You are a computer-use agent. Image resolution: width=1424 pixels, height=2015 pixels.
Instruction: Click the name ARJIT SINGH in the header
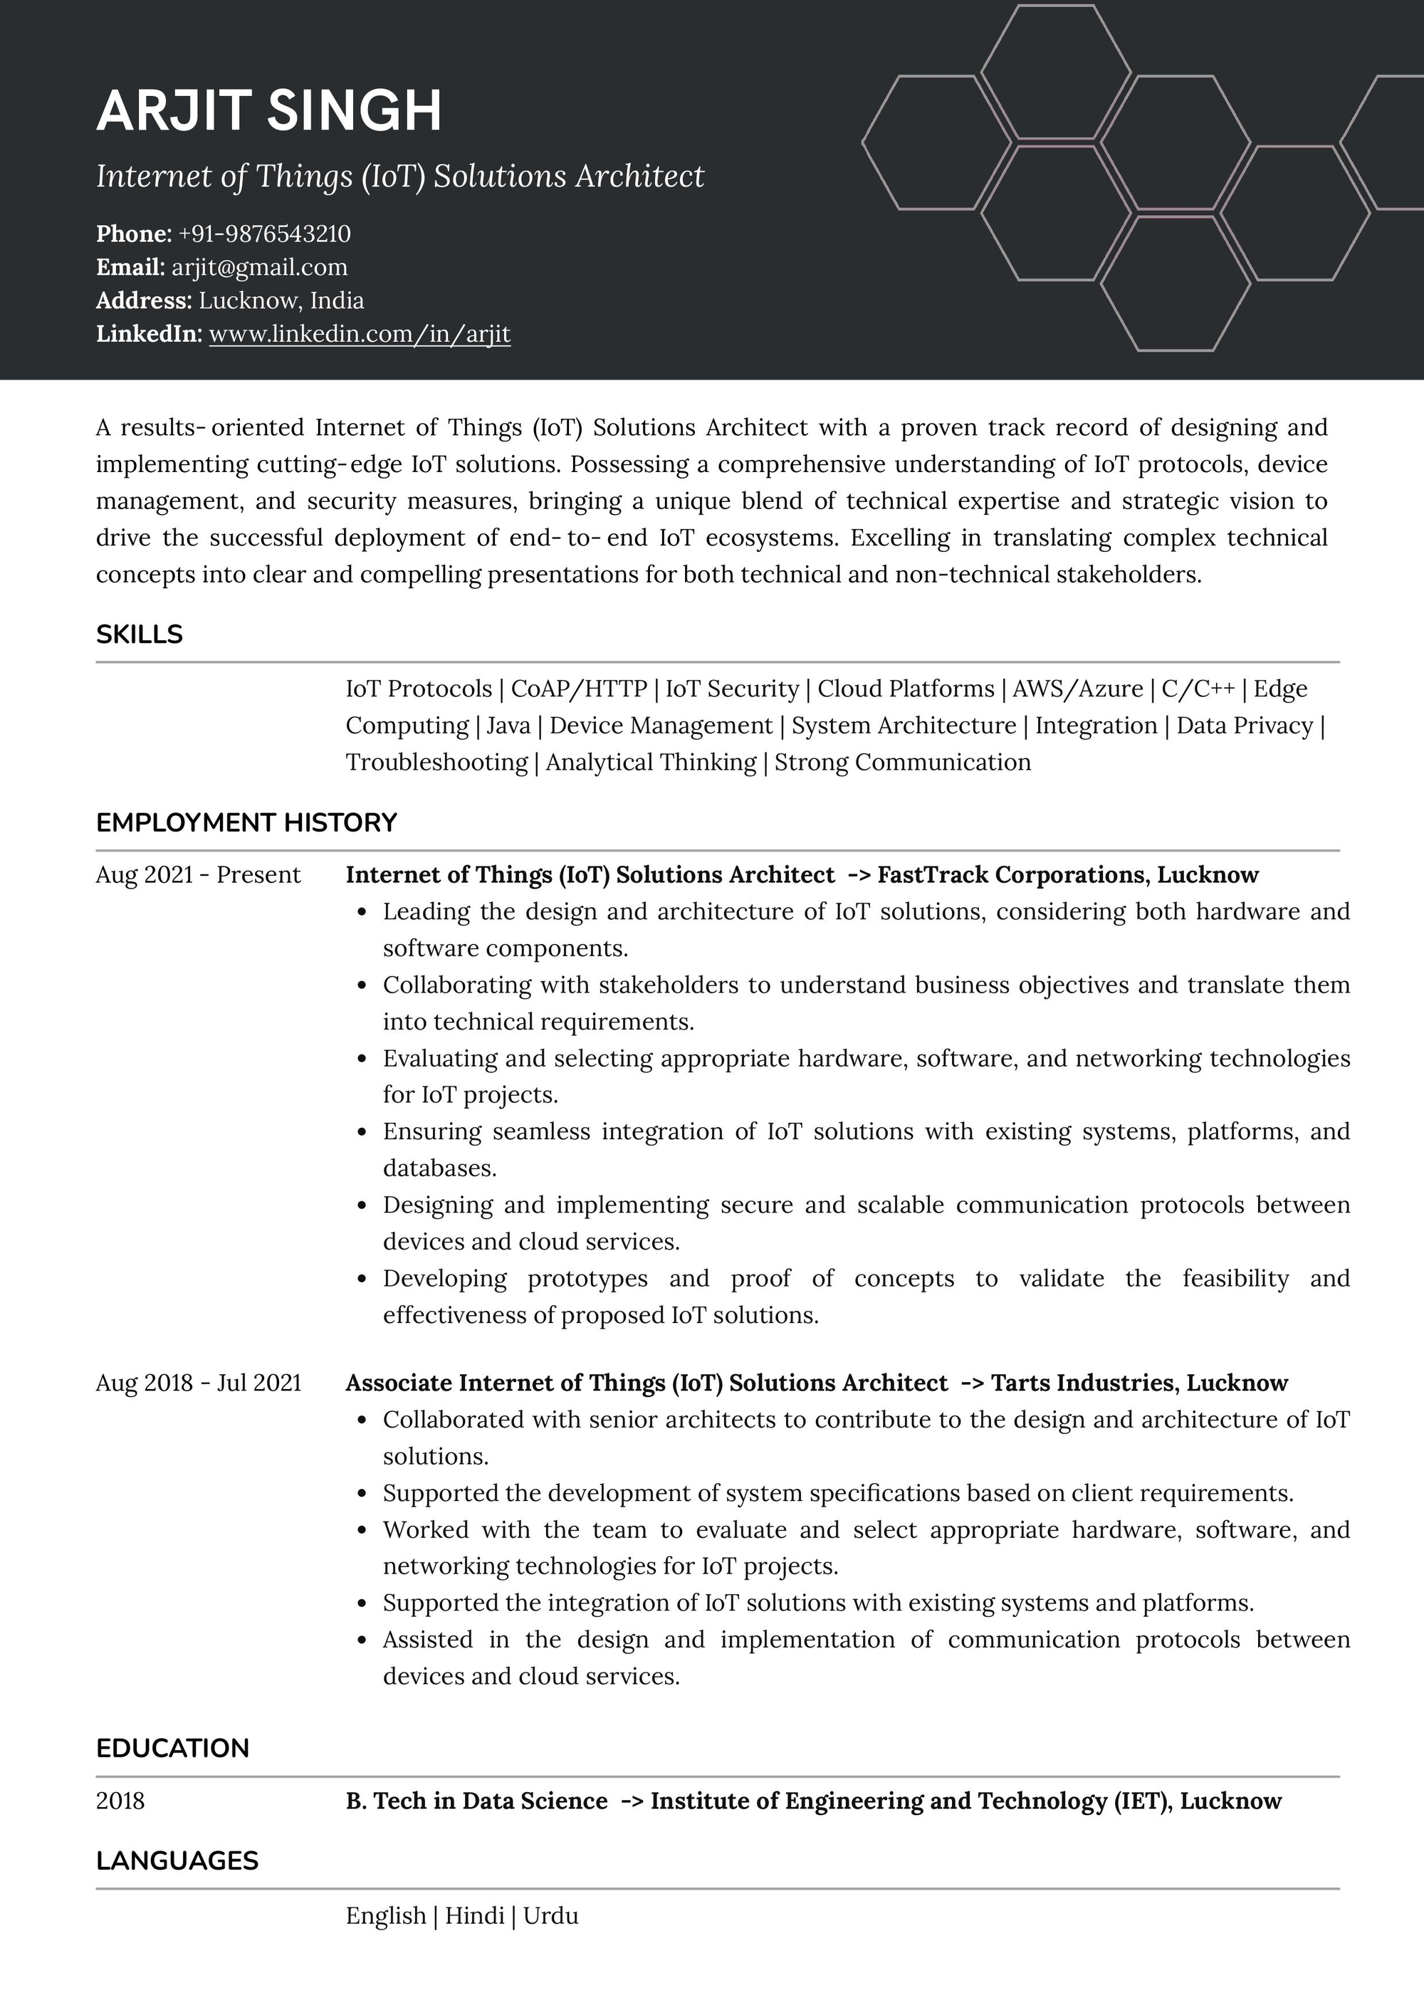click(268, 112)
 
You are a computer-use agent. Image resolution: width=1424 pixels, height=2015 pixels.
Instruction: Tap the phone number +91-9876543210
click(264, 234)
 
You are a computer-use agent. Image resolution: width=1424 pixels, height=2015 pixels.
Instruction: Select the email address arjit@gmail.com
click(260, 268)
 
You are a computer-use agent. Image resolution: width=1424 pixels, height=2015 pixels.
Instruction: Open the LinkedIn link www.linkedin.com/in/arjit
click(359, 335)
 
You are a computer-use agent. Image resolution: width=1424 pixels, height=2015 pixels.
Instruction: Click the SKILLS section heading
click(139, 634)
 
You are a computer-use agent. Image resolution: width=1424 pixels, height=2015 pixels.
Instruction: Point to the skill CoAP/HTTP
click(578, 689)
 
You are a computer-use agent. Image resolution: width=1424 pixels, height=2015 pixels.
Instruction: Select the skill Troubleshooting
click(436, 763)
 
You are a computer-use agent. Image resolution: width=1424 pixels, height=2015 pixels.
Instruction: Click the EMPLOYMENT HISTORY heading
click(246, 823)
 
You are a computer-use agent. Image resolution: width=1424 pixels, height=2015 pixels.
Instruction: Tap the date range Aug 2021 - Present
click(197, 875)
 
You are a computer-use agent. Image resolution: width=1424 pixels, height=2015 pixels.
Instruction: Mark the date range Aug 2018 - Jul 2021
click(197, 1383)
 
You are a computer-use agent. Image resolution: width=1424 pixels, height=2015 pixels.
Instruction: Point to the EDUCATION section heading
click(172, 1748)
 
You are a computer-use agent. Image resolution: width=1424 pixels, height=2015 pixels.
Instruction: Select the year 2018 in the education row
click(120, 1801)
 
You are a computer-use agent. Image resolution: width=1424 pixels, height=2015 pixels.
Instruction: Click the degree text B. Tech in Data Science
click(476, 1801)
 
